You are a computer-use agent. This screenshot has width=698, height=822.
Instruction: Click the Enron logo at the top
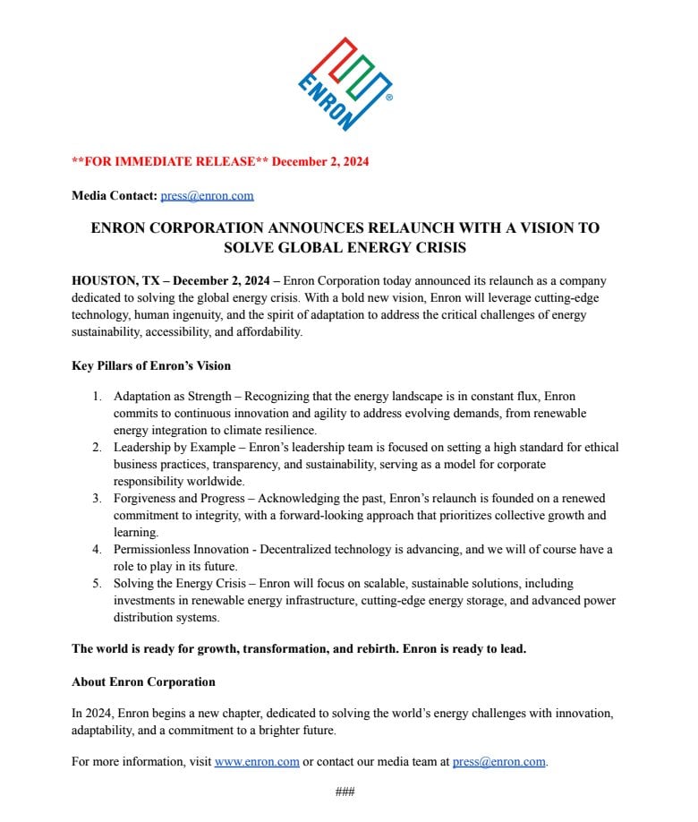coord(345,82)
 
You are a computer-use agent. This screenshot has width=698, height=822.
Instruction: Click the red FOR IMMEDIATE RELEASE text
coord(170,162)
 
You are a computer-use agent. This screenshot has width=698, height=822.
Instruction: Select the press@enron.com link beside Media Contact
coord(207,195)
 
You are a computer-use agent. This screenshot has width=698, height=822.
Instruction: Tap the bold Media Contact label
coord(115,195)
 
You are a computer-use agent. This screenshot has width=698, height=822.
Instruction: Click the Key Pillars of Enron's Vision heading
coord(151,365)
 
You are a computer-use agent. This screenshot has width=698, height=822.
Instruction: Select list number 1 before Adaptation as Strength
coord(98,396)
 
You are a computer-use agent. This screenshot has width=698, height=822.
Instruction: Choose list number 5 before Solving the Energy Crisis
coord(98,583)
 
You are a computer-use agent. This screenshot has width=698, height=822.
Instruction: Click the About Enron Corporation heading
coord(143,682)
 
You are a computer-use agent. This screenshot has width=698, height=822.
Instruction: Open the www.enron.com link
coord(257,762)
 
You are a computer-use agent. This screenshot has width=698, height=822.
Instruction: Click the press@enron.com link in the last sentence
coord(498,762)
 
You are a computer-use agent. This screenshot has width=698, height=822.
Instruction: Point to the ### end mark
coord(345,792)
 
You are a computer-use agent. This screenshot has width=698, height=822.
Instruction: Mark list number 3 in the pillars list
coord(98,498)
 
